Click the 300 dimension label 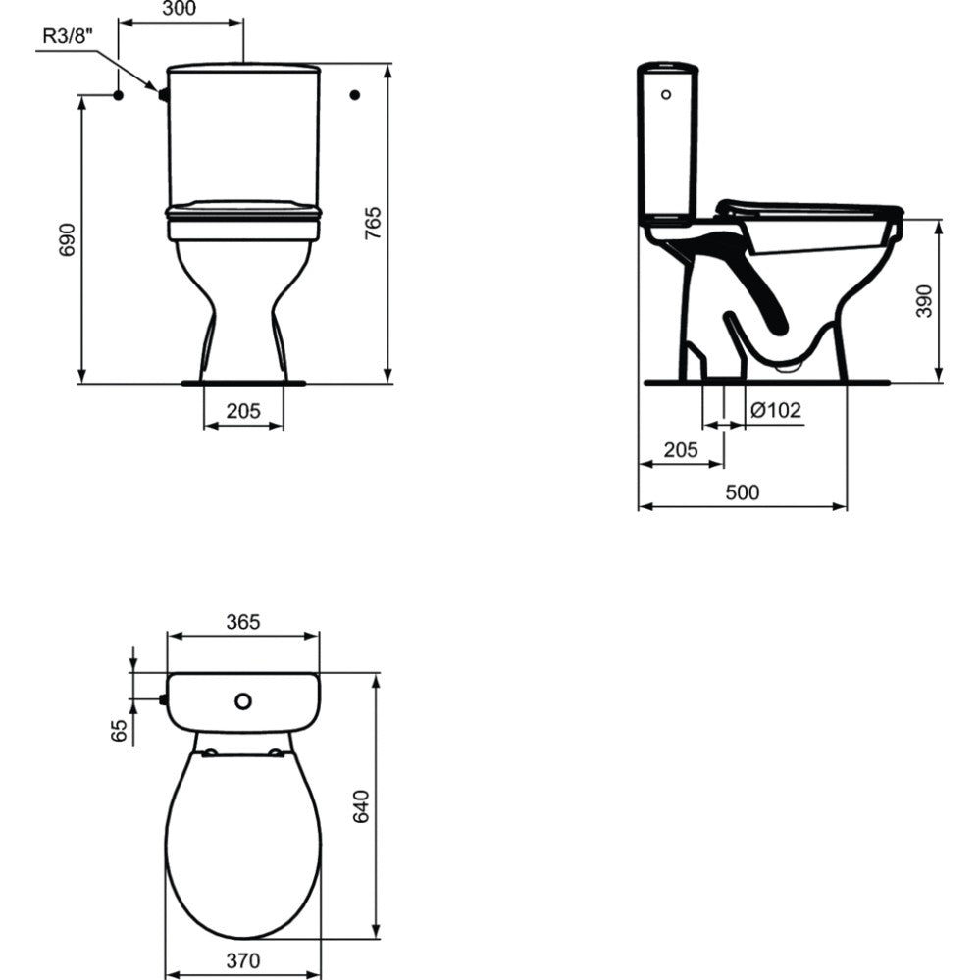pos(179,9)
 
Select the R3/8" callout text pos(68,35)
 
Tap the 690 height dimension pos(67,238)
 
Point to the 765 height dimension pos(373,223)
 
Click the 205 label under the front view pos(243,411)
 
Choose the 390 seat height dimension pos(924,300)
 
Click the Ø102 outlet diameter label pos(775,410)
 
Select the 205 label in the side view pos(681,449)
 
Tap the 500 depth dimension pos(743,492)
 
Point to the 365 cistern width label pos(243,622)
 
